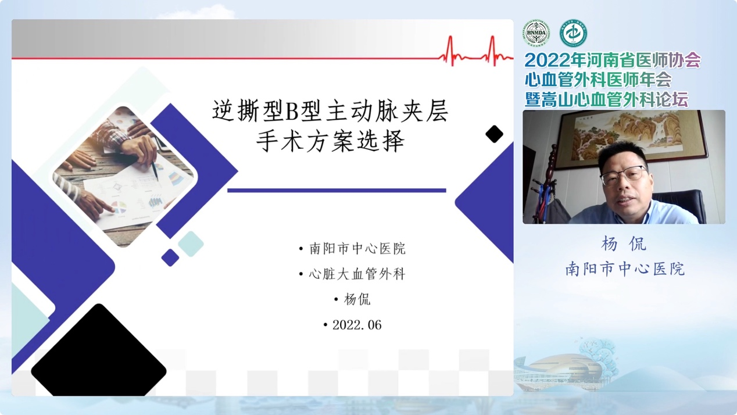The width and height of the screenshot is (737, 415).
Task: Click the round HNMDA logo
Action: [536, 33]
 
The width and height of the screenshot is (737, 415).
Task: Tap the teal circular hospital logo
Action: [573, 33]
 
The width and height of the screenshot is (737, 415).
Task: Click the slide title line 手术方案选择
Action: [330, 141]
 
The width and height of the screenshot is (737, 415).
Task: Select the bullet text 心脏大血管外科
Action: [357, 274]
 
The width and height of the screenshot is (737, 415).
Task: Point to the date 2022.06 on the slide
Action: [357, 325]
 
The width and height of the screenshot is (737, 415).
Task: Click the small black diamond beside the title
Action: [494, 134]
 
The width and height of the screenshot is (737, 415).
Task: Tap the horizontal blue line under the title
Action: [337, 190]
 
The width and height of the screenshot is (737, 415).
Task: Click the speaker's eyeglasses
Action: [623, 175]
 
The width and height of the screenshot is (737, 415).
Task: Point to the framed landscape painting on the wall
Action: [631, 138]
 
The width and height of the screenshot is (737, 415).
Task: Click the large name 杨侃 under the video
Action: [624, 244]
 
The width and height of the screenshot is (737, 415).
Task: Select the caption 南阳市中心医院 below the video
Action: [625, 269]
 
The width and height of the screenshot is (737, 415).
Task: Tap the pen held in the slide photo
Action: [155, 171]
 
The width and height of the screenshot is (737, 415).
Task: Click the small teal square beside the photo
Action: [191, 244]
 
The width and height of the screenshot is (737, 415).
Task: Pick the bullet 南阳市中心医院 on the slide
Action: [357, 248]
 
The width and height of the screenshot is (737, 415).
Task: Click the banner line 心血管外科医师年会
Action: [598, 80]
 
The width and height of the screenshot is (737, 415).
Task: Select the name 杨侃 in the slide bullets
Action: [357, 299]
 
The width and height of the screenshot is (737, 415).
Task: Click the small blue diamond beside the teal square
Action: [170, 257]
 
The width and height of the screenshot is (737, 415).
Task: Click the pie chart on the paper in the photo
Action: [119, 208]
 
